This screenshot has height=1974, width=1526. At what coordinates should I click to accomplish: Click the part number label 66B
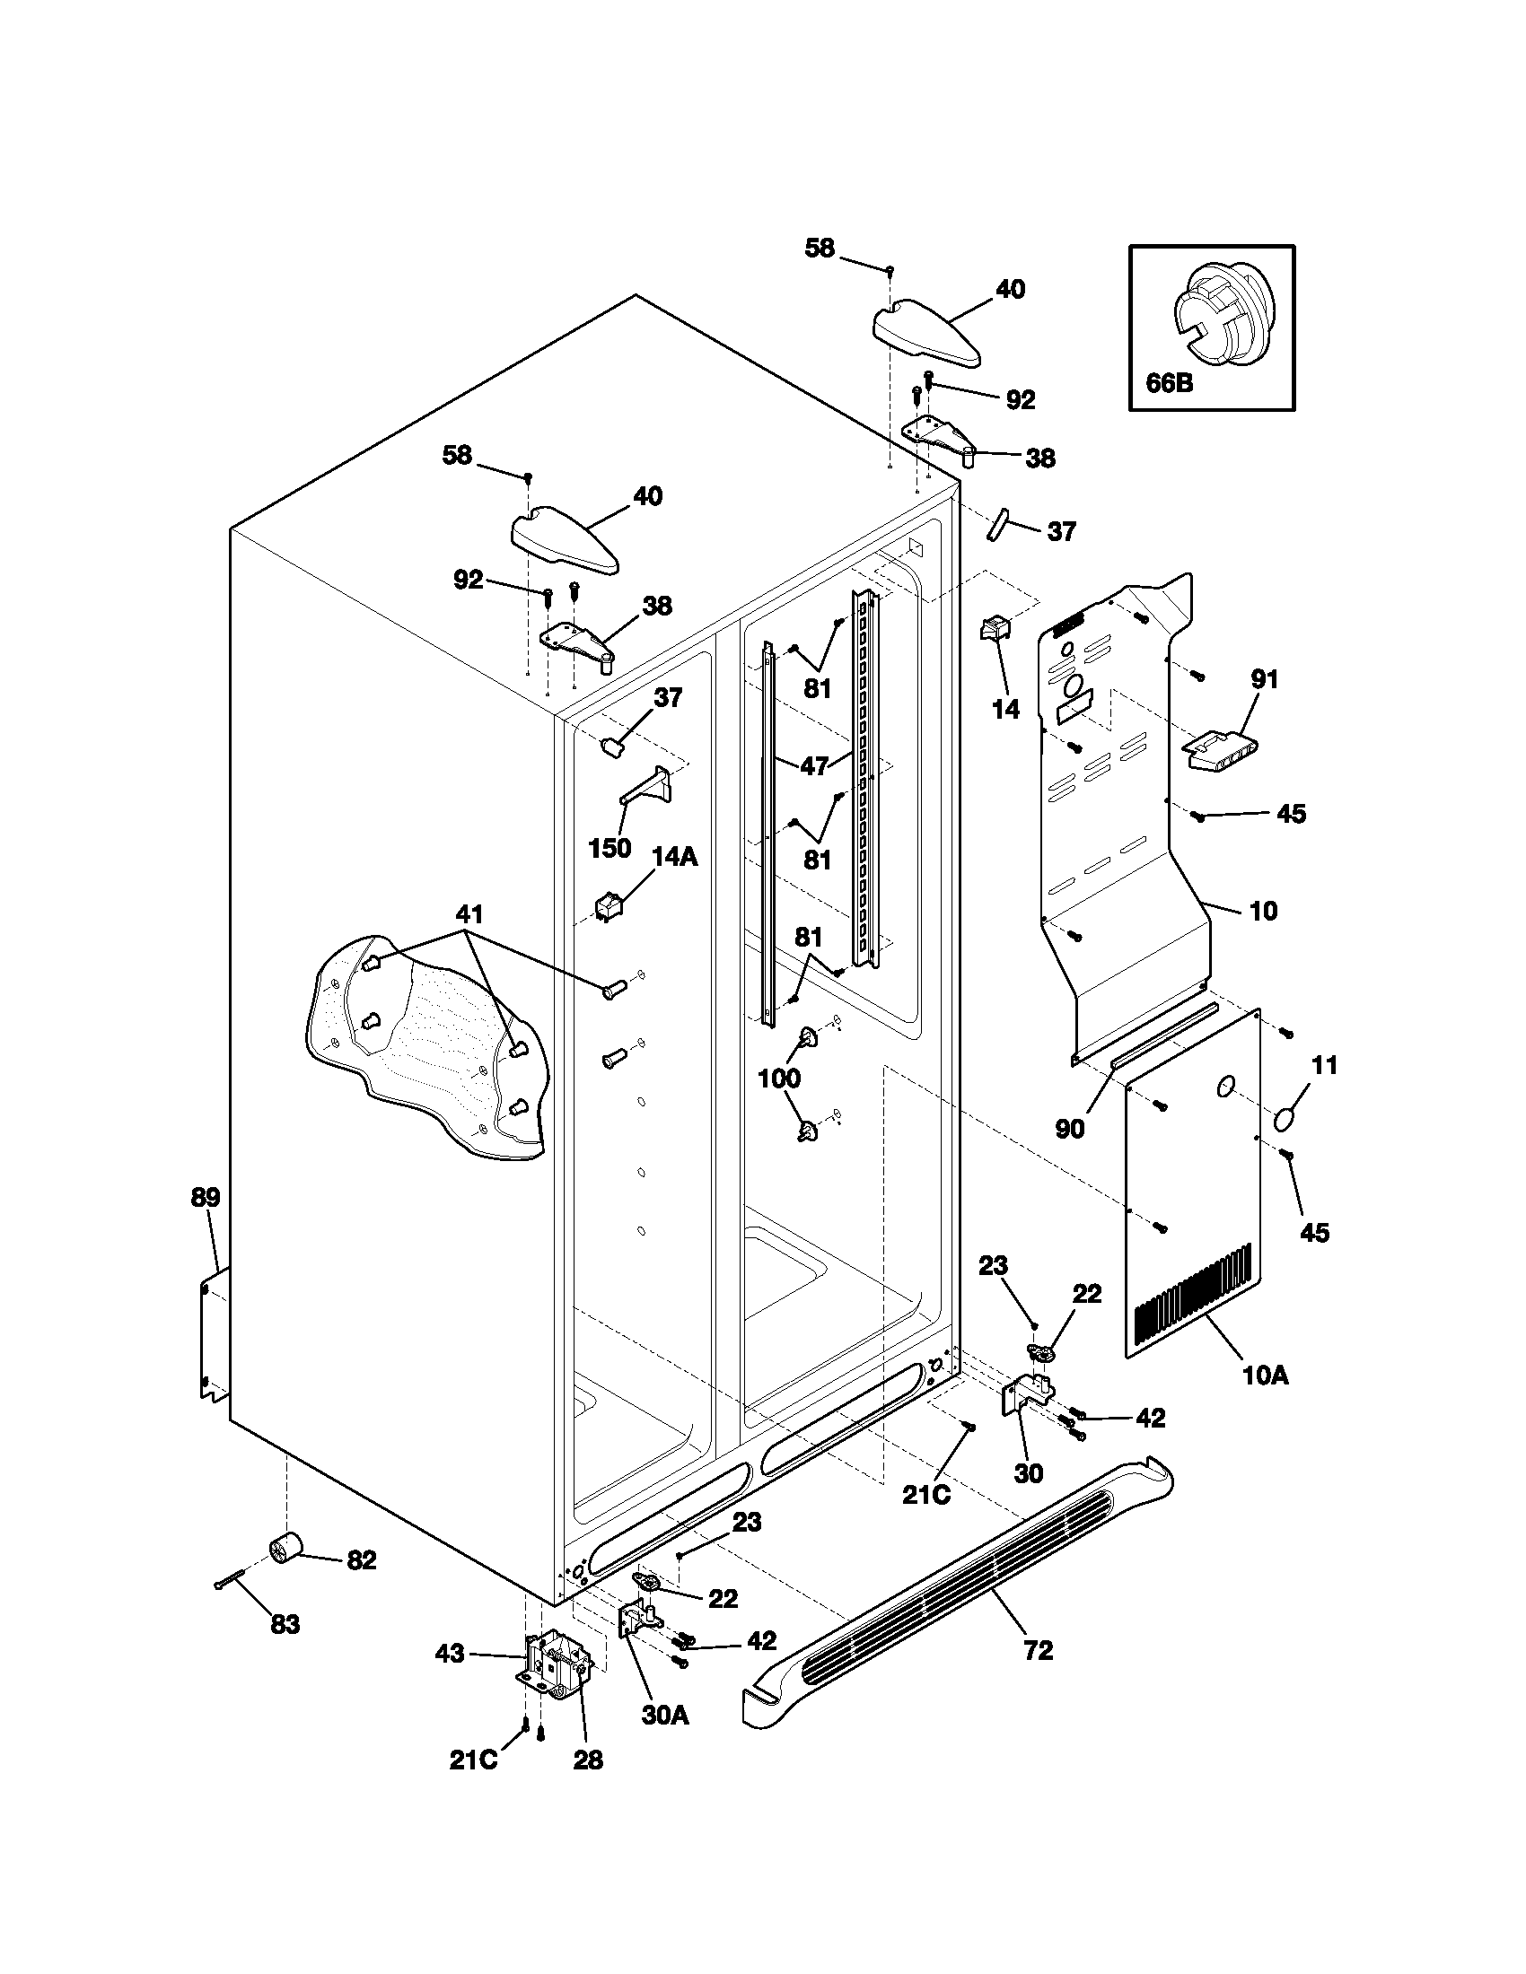1169,382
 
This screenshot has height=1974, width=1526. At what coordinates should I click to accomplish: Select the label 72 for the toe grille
1039,1651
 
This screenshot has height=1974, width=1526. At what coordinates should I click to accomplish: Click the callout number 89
206,1198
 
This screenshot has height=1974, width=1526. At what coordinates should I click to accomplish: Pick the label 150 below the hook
610,848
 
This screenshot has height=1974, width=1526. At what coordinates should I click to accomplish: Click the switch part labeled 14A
603,904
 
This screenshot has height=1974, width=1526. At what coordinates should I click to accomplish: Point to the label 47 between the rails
814,765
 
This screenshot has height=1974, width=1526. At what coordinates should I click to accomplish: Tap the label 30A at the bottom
665,1740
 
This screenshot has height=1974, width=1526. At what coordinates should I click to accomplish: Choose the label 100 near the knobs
778,1078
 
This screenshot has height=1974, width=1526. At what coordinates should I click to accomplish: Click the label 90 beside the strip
1069,1129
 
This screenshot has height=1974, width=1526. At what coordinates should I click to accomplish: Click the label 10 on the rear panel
1263,910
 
